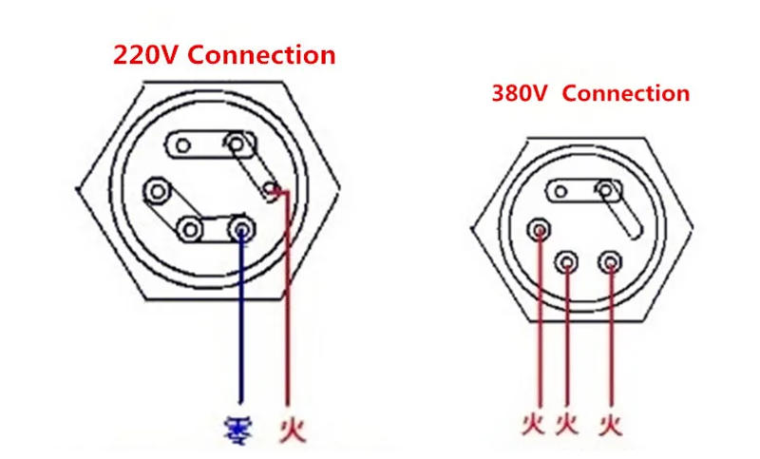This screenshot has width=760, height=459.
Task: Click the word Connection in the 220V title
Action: [x=261, y=55]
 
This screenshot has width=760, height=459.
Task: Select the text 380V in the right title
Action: [x=523, y=94]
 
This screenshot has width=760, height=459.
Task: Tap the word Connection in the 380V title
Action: [x=632, y=94]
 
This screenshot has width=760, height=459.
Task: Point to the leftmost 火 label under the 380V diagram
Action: [x=534, y=422]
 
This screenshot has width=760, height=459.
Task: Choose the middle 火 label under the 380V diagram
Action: [x=568, y=422]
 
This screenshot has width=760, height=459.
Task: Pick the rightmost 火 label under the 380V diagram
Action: [x=610, y=422]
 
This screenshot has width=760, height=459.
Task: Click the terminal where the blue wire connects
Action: [x=241, y=228]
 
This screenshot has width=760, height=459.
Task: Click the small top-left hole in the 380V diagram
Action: [x=560, y=192]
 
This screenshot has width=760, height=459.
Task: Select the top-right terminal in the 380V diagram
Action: [x=604, y=191]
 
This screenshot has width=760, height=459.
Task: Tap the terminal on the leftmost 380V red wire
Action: [x=540, y=229]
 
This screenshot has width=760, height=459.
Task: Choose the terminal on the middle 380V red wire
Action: [x=568, y=259]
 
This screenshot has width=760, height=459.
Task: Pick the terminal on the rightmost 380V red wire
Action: [x=609, y=259]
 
